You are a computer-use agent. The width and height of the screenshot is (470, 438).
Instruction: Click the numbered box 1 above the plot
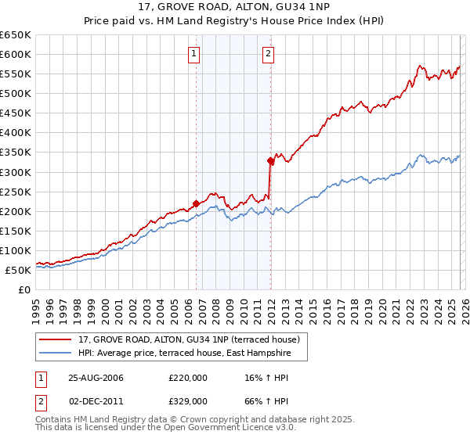click(193, 54)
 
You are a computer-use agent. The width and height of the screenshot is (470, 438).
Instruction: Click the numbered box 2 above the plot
click(268, 54)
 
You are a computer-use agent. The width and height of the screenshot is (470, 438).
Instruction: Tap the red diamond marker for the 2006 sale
click(196, 203)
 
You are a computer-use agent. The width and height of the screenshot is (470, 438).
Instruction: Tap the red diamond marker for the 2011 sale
click(270, 160)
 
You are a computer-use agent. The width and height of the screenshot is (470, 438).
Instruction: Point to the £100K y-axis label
click(17, 250)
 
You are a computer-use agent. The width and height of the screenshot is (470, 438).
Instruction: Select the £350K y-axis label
click(17, 153)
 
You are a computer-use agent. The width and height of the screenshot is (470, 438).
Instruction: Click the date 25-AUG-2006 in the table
click(96, 378)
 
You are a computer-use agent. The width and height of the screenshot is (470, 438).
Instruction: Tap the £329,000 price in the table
click(188, 402)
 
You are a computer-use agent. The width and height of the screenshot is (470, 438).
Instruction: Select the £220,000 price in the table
click(188, 378)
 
